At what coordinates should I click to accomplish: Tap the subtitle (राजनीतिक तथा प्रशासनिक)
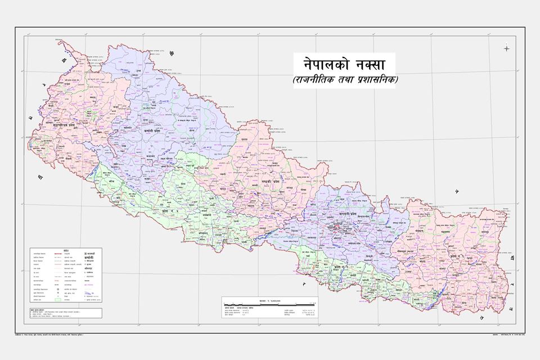coord(344,80)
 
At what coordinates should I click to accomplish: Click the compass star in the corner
coord(506,48)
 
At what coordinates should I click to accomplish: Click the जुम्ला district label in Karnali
coord(152,107)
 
